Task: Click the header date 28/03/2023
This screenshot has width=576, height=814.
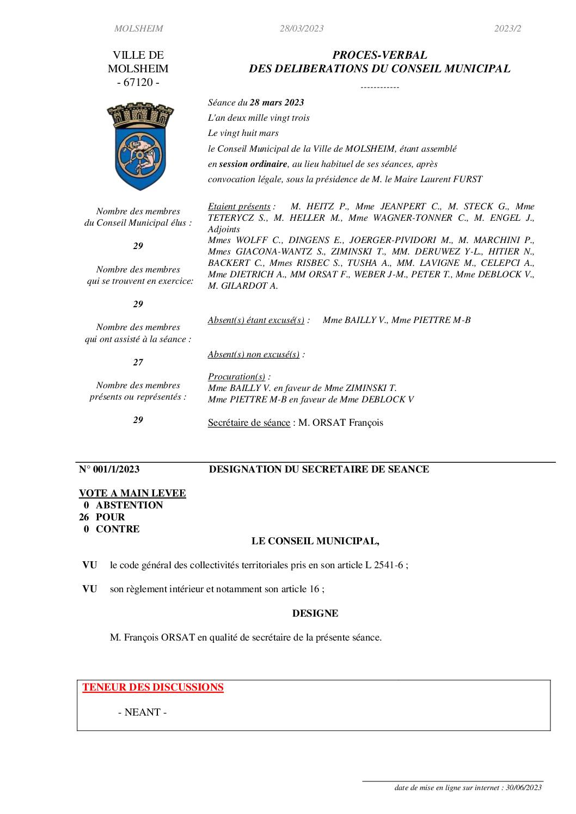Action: [x=302, y=29]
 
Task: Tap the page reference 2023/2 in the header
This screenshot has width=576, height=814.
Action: [x=507, y=29]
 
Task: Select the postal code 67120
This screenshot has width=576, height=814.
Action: [x=138, y=83]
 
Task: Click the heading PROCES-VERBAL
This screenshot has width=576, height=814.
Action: [x=379, y=55]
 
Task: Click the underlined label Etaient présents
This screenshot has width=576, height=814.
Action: [x=239, y=207]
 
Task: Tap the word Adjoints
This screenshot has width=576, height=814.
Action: [x=224, y=229]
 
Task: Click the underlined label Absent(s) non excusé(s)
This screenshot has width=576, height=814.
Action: [x=254, y=355]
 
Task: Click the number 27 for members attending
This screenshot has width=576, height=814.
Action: [x=138, y=362]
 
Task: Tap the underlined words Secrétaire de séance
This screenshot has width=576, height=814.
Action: [x=249, y=422]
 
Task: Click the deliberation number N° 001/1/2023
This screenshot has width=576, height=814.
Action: [x=109, y=469]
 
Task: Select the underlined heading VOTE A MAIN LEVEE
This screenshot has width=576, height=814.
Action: [x=132, y=493]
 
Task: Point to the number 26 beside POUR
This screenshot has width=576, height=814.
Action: [x=84, y=517]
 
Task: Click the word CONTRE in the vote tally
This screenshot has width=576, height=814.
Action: [x=118, y=529]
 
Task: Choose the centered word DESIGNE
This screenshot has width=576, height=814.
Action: [x=315, y=613]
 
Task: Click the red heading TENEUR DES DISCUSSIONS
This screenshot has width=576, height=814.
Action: [x=153, y=687]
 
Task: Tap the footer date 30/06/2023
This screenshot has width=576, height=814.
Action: [x=524, y=787]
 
